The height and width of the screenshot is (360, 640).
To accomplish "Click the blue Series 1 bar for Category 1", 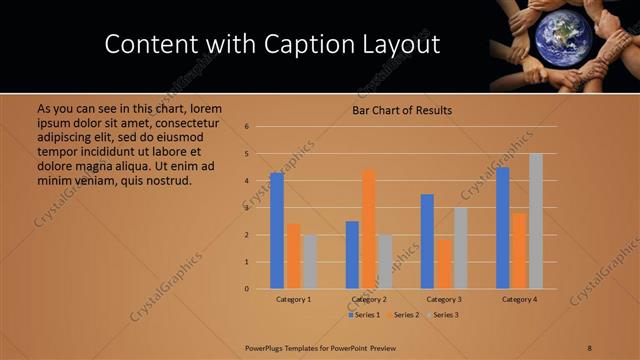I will (x=277, y=231).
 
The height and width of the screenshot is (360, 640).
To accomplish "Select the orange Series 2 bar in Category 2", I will (x=369, y=229).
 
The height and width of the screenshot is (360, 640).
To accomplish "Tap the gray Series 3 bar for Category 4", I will (x=536, y=221).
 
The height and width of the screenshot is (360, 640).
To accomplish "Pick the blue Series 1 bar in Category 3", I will (x=427, y=241).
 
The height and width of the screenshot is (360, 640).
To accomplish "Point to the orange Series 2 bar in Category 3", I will (x=444, y=264).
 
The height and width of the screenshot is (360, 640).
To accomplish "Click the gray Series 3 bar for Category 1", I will (x=310, y=262).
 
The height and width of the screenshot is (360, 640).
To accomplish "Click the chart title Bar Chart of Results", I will (x=402, y=110).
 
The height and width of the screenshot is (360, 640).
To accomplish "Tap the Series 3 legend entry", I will (x=443, y=315).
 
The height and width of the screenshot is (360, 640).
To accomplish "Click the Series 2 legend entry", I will (x=404, y=315).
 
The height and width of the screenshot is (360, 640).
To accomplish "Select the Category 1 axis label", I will (x=294, y=299).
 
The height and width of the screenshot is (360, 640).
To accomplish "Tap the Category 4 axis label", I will (x=519, y=299).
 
